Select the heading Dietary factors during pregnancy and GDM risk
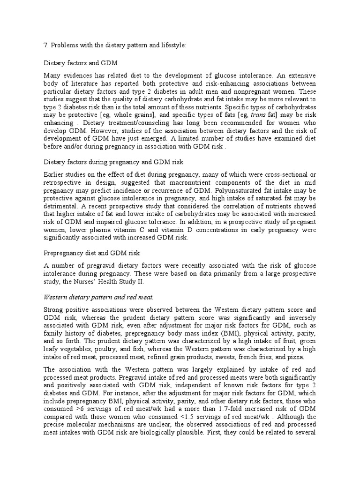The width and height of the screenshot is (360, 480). (x=113, y=162)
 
